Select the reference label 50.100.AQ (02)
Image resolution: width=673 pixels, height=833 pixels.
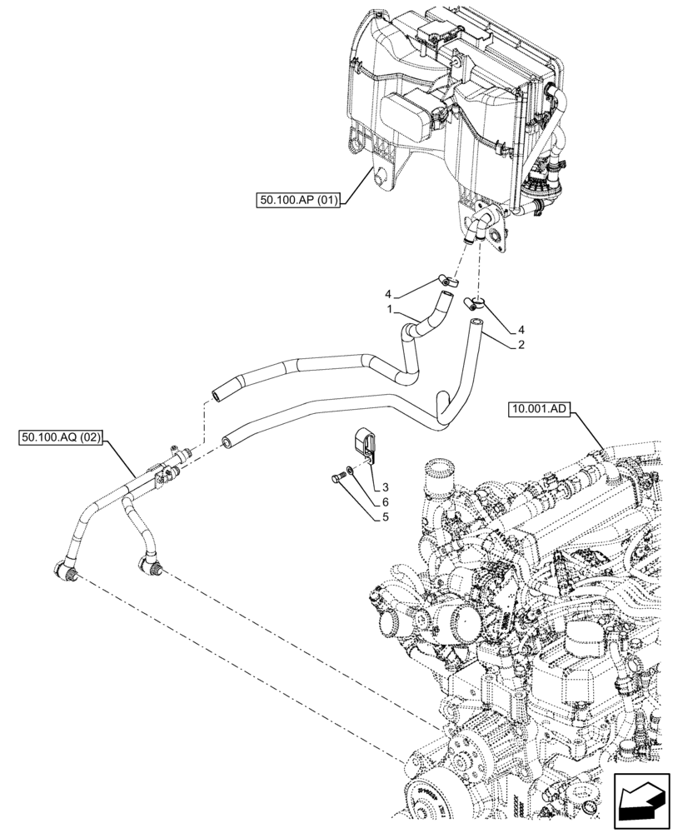click(57, 438)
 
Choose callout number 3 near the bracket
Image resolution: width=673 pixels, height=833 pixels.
click(386, 486)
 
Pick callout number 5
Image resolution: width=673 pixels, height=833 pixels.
click(386, 516)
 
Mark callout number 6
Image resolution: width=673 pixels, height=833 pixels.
click(386, 501)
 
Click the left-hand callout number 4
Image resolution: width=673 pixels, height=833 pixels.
click(388, 294)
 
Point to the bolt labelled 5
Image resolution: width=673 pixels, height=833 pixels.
click(336, 477)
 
